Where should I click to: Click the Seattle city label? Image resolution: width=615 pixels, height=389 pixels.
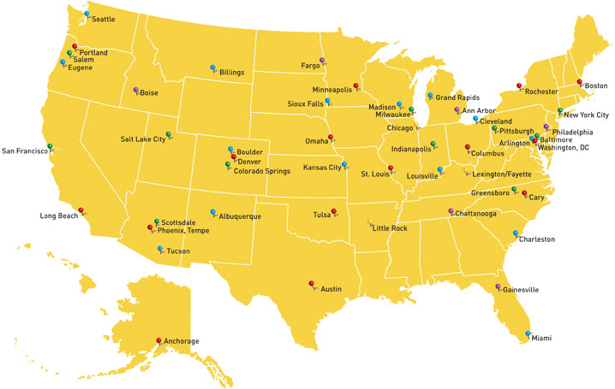click(x=104, y=19)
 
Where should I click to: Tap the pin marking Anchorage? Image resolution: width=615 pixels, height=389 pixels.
click(x=158, y=341)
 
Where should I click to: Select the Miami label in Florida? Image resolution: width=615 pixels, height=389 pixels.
click(x=541, y=339)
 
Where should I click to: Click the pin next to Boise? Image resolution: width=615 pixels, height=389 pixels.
click(x=135, y=90)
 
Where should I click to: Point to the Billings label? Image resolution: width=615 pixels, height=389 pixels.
click(x=232, y=73)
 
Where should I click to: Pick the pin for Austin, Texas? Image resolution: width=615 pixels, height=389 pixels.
click(x=311, y=284)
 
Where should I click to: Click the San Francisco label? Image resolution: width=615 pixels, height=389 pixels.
click(x=23, y=151)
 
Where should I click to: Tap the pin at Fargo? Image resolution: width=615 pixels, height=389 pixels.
click(x=322, y=60)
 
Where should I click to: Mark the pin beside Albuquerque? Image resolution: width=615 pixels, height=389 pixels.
click(x=212, y=212)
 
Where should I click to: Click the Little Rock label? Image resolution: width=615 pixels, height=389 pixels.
click(x=390, y=229)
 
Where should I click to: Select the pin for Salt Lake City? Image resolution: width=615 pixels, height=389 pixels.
click(x=168, y=133)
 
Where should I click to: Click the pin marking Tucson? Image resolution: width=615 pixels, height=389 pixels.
click(x=159, y=249)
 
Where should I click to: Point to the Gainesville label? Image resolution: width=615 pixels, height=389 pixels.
click(x=522, y=291)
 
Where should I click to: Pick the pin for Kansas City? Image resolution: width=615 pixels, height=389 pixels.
click(x=344, y=164)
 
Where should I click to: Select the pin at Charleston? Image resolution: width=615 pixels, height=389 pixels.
click(x=516, y=233)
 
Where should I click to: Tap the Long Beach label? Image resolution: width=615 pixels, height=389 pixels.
click(x=59, y=216)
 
